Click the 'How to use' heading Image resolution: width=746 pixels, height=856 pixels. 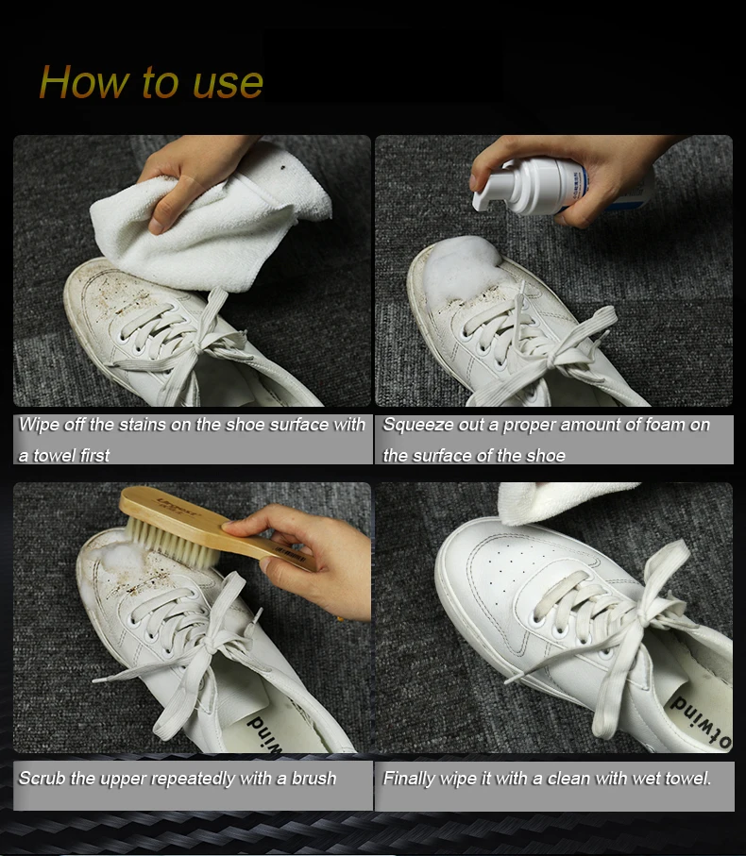pyautogui.click(x=151, y=82)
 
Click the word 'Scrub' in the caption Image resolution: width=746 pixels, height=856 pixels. pyautogui.click(x=42, y=779)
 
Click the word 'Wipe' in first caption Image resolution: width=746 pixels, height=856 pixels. pyautogui.click(x=39, y=425)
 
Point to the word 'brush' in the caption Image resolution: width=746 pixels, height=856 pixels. pyautogui.click(x=314, y=779)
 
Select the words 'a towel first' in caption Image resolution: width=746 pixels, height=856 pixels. pyautogui.click(x=64, y=455)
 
